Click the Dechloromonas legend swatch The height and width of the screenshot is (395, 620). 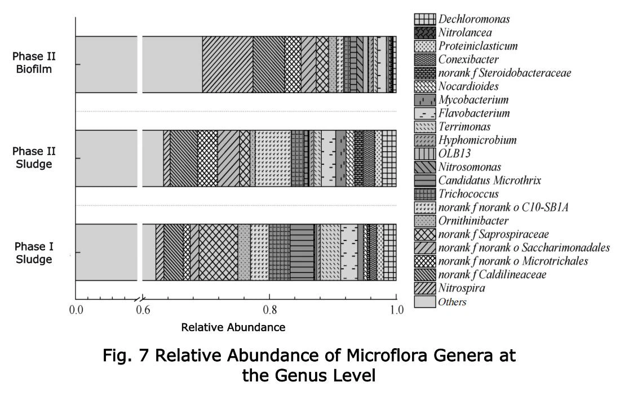(424, 19)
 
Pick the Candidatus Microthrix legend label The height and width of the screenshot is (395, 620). (489, 181)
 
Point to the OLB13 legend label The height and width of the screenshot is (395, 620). (454, 153)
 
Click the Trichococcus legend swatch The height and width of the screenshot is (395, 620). (424, 194)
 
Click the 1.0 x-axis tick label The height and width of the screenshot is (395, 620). (397, 309)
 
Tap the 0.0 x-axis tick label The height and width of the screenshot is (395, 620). (76, 309)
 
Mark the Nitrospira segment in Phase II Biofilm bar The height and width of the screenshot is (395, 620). (227, 64)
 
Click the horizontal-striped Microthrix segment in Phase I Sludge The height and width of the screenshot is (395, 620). (302, 252)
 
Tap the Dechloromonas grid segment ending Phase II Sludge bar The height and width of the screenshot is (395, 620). (389, 158)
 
